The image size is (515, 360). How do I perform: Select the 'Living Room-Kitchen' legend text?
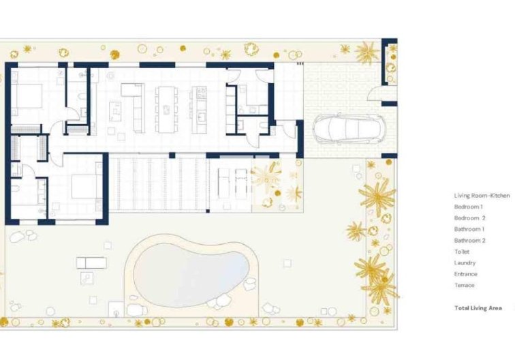point(482,196)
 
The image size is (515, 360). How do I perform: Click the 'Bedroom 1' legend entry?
point(469,207)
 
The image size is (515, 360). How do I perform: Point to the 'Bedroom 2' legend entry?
point(469,218)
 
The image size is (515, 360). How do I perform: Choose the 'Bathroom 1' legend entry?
point(469,229)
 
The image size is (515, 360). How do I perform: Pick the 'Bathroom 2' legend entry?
point(469,241)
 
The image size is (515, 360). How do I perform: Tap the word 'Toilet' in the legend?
point(462,252)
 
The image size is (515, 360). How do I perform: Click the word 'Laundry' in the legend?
point(465,262)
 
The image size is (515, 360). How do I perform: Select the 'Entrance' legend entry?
point(465,274)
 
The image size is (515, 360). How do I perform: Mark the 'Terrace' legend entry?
point(464,285)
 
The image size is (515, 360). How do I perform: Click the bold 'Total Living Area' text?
point(478,308)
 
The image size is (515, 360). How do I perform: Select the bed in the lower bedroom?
point(84,186)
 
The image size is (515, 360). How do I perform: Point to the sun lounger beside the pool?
point(91,262)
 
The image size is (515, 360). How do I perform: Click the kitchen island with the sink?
point(200,109)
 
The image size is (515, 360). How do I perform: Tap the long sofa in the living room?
point(137,108)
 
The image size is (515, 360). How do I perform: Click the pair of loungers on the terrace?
point(232,182)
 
